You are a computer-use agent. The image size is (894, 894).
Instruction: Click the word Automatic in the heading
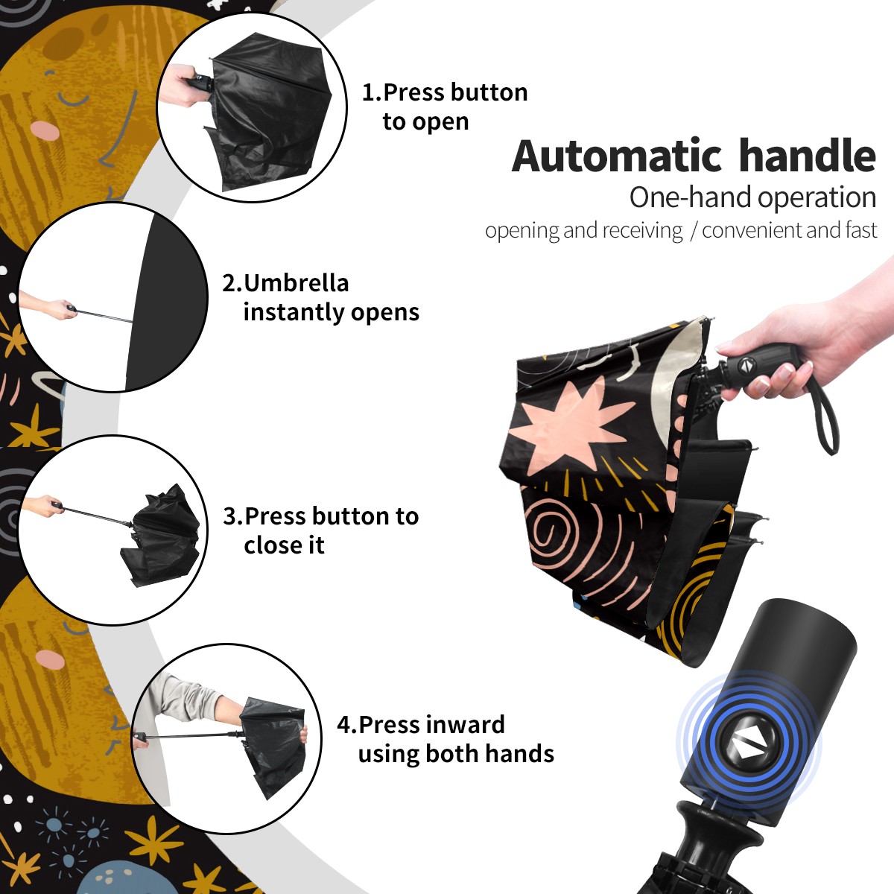pos(617,156)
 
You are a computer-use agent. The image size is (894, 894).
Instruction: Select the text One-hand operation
pos(752,197)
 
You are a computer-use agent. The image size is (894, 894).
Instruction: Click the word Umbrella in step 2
pos(297,283)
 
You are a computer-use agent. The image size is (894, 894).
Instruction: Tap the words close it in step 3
pos(284,545)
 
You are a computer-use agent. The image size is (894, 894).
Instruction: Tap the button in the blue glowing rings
pos(749,744)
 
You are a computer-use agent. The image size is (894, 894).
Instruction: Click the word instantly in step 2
pos(294,313)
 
